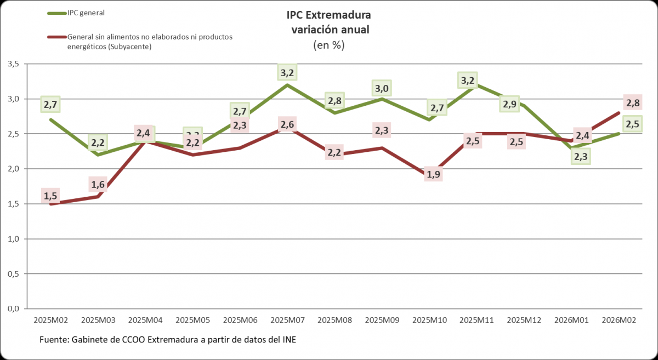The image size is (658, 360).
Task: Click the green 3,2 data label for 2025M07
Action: point(287,72)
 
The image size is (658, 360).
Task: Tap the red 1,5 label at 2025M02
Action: point(50,196)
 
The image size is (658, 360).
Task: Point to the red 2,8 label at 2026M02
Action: point(633,102)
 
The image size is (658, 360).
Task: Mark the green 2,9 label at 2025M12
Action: point(509,104)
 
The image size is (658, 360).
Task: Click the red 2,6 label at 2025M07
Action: point(287,124)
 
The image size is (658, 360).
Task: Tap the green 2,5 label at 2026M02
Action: point(633,124)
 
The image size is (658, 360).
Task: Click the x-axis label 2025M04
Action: point(145,320)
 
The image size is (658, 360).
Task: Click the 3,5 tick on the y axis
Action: point(13,64)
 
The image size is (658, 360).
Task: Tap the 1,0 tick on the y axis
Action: point(13,239)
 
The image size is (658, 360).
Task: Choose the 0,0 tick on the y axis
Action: point(13,308)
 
